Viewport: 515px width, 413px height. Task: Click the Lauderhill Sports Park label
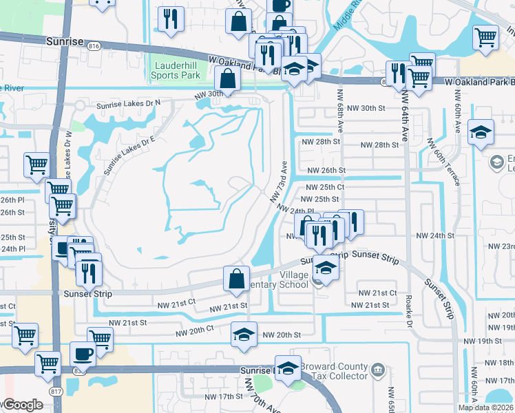pyautogui.click(x=176, y=71)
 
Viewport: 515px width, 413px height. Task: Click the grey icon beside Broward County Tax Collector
pyautogui.click(x=377, y=371)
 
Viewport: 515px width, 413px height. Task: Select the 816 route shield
pyautogui.click(x=94, y=45)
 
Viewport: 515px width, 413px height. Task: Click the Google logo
pyautogui.click(x=22, y=405)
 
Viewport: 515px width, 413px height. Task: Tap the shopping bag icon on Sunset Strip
pyautogui.click(x=236, y=278)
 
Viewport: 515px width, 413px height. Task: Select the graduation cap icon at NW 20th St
pyautogui.click(x=243, y=334)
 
